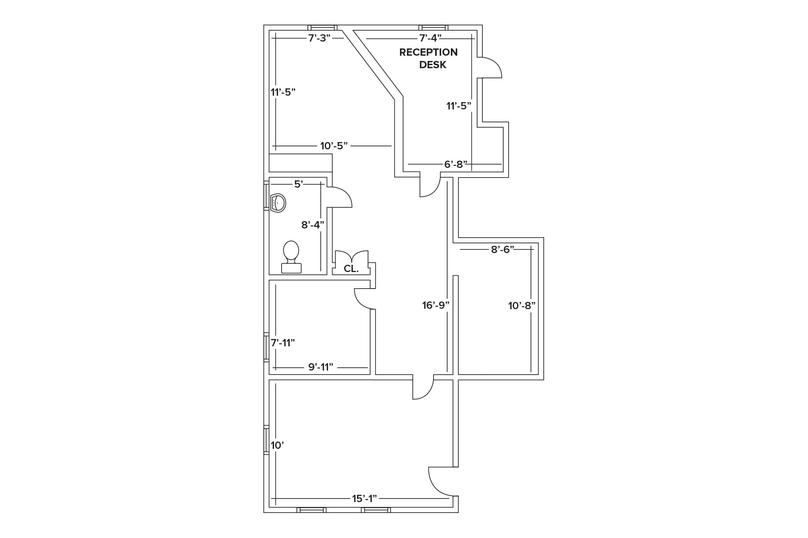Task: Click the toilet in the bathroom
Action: click(x=291, y=257)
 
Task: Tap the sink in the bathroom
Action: click(x=278, y=203)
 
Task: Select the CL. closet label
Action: click(x=351, y=269)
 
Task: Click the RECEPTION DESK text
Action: click(x=429, y=58)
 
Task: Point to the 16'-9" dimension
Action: click(x=436, y=306)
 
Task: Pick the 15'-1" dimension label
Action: click(x=364, y=499)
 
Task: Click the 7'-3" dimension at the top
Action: click(x=320, y=38)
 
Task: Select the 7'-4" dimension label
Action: click(x=430, y=38)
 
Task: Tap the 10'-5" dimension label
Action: click(x=334, y=146)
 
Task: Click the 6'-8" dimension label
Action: click(x=456, y=164)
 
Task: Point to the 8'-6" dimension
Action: click(x=502, y=249)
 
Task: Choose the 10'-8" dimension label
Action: click(x=522, y=306)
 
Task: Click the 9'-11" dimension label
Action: click(x=320, y=367)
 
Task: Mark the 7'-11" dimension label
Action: click(x=283, y=343)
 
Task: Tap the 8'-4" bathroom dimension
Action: click(x=313, y=225)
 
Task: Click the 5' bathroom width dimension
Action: click(x=299, y=184)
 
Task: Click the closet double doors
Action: click(x=351, y=257)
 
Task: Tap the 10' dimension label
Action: click(x=277, y=446)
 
